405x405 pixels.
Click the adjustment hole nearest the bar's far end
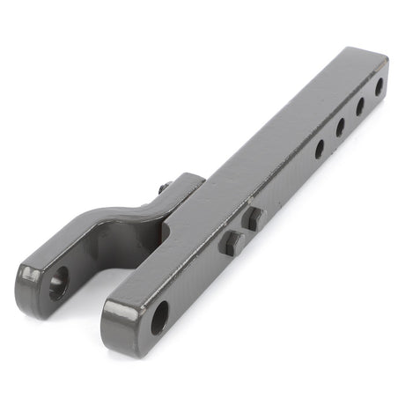pos(379,87)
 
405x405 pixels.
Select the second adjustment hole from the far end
pos(360,107)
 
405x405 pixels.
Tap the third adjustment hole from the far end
pos(340,127)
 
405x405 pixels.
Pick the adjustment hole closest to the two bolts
pos(320,148)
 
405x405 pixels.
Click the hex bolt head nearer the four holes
pos(254,218)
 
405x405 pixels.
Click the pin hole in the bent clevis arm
pos(57,284)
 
